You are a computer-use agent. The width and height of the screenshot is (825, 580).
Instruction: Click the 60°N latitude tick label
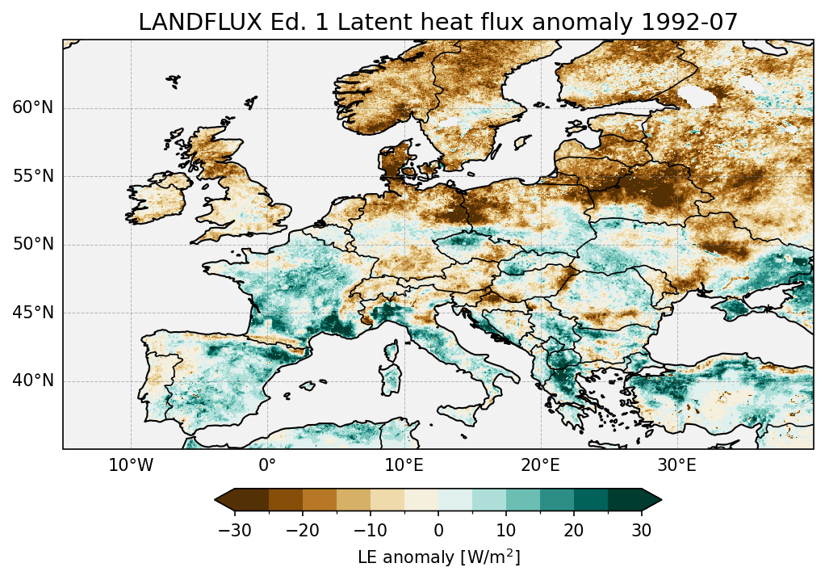[32, 108]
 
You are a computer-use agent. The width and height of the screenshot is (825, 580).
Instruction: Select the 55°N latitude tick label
[32, 176]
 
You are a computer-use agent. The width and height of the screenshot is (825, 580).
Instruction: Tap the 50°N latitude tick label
[32, 245]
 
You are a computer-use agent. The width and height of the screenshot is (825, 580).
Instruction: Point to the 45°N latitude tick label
[32, 313]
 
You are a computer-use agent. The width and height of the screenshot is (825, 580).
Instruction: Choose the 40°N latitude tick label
[32, 380]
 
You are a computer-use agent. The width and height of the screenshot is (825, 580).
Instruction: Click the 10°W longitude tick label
[130, 466]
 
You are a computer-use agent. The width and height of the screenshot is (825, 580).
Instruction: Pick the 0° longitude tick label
[267, 466]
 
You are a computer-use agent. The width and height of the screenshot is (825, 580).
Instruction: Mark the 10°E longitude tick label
[404, 466]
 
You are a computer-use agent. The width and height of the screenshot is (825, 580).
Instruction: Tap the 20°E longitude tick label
[540, 466]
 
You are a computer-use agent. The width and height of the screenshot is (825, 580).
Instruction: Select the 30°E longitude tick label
[676, 466]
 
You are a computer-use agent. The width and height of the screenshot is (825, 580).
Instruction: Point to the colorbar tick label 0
[438, 530]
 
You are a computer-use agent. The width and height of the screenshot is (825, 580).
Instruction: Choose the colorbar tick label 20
[574, 530]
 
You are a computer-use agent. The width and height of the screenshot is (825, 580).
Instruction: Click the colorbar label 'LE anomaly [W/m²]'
[438, 557]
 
